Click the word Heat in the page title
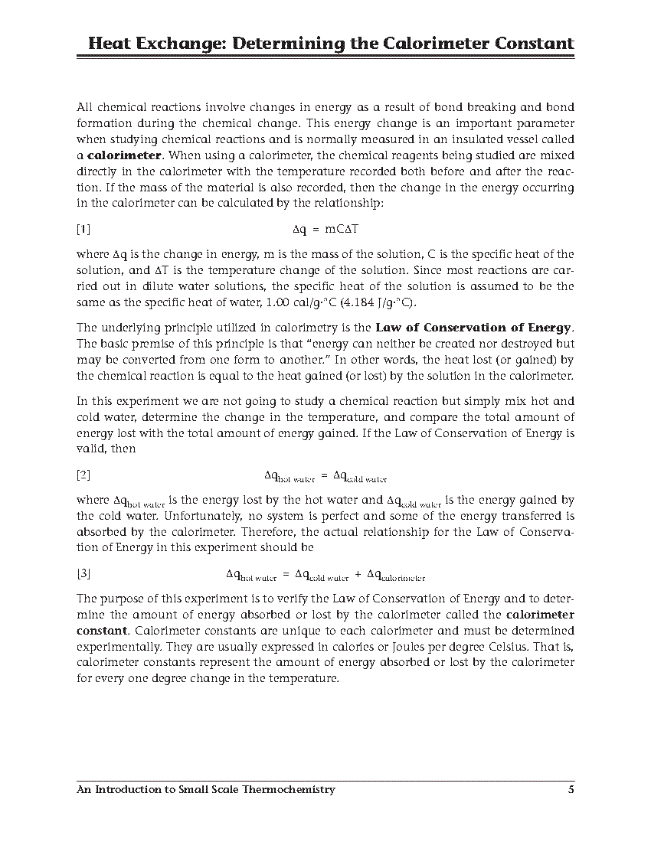pos(109,43)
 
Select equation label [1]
pos(83,228)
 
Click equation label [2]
pos(83,475)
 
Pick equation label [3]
pos(83,573)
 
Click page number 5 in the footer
pos(571,789)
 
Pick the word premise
pos(156,344)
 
